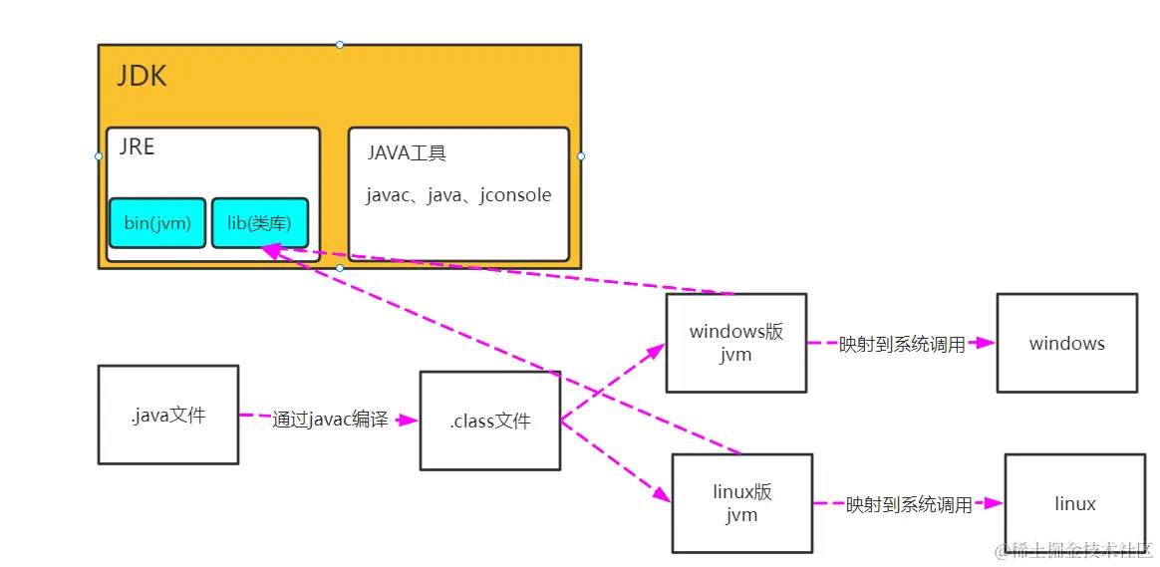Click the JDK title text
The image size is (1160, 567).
(x=143, y=77)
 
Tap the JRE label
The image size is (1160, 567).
(x=138, y=146)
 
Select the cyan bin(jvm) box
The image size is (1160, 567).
(x=157, y=222)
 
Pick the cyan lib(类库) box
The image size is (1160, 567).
(x=260, y=222)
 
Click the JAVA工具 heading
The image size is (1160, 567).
(x=407, y=152)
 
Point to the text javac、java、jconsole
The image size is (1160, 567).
(x=458, y=195)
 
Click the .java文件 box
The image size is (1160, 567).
(x=167, y=415)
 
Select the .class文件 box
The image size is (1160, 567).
(x=489, y=421)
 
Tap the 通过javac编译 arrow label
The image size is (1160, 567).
(x=330, y=420)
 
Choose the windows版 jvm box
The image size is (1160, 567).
(x=735, y=342)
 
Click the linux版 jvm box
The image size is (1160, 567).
(x=741, y=503)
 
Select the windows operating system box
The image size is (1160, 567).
(x=1066, y=343)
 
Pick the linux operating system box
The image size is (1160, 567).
(x=1074, y=504)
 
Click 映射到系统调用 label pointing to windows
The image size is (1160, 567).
(x=902, y=345)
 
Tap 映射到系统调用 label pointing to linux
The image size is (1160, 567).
(x=909, y=505)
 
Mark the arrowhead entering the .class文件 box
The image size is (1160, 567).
(x=409, y=421)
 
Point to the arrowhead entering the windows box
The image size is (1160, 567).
(x=986, y=343)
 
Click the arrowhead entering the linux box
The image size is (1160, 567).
(x=994, y=503)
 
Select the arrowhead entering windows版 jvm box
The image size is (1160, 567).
(x=657, y=351)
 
